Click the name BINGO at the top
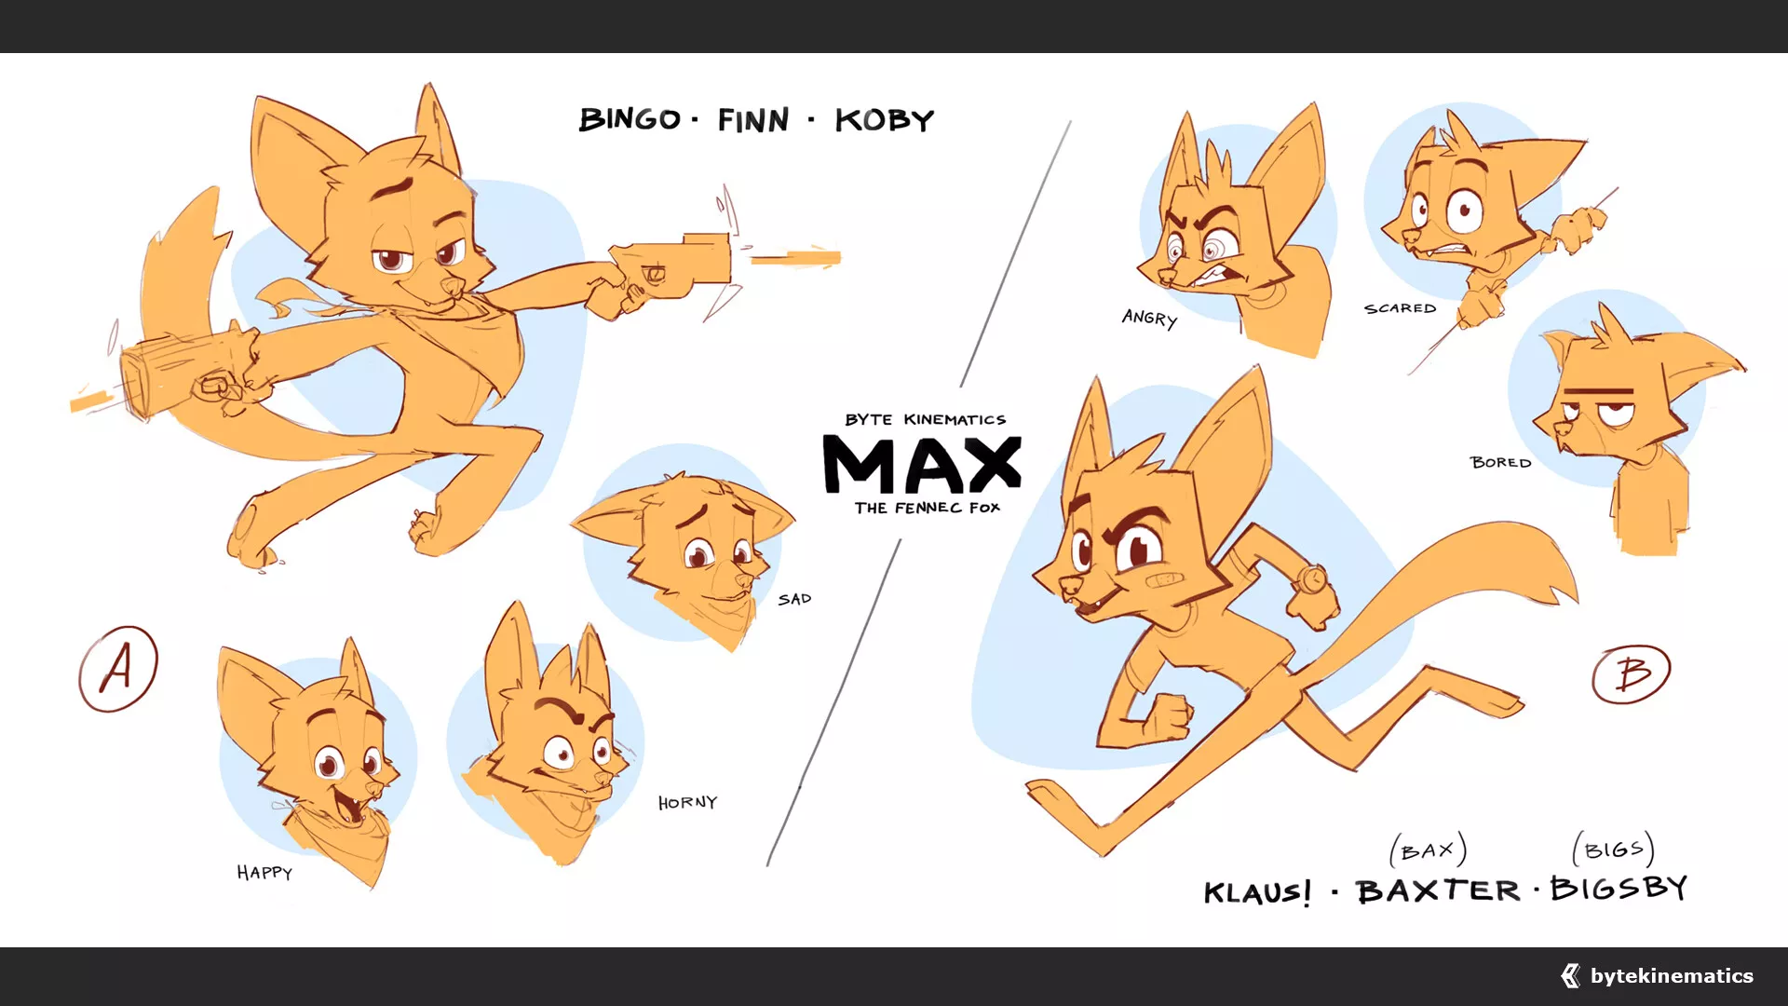pos(630,119)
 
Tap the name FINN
pos(753,120)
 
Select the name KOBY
pos(884,120)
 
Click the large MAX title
pos(922,464)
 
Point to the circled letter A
pos(118,669)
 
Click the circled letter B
pos(1632,673)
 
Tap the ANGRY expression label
pos(1149,318)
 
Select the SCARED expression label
pos(1400,308)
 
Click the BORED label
pos(1500,462)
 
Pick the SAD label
pos(794,599)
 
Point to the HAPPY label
pos(264,873)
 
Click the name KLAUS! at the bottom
pos(1257,892)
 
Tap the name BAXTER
pos(1438,890)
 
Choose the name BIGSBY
pos(1619,888)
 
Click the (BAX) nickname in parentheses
pos(1429,850)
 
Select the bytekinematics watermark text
pos(1672,975)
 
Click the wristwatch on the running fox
pos(1311,578)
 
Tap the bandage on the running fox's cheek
pos(1162,581)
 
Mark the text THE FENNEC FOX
pos(928,508)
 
